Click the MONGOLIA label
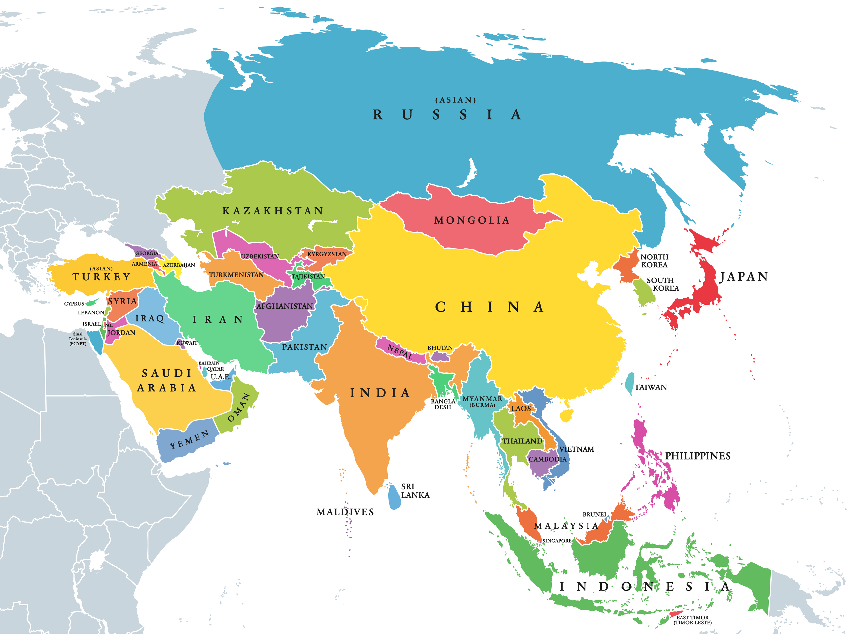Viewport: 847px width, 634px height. click(472, 220)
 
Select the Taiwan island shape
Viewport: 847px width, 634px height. click(629, 383)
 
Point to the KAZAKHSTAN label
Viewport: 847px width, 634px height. click(273, 211)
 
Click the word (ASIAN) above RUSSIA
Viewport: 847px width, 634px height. click(455, 100)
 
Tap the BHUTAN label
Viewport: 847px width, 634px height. click(440, 348)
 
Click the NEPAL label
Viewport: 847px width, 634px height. click(400, 351)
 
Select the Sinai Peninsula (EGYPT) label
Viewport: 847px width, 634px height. click(78, 339)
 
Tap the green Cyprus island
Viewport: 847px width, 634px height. click(91, 303)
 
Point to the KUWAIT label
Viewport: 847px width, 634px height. click(187, 343)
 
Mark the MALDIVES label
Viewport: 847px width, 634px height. click(345, 512)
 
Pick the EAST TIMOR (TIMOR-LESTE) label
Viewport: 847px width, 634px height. click(692, 620)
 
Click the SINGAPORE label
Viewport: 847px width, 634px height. click(557, 541)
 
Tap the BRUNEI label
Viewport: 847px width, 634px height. click(594, 514)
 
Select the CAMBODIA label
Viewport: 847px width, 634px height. click(547, 459)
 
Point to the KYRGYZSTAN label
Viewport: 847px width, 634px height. click(327, 254)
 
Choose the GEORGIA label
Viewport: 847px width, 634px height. click(146, 253)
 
